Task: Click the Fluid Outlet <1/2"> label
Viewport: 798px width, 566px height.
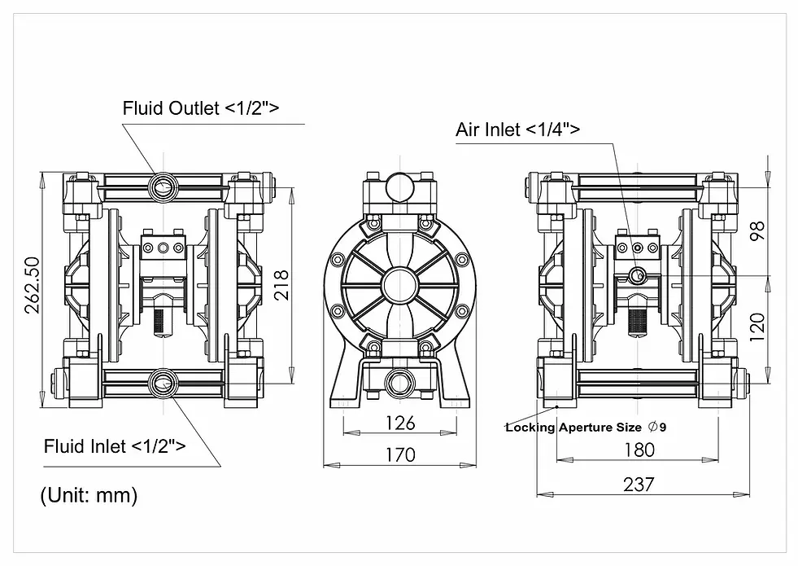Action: (201, 107)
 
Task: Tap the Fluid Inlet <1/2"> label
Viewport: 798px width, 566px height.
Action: (114, 446)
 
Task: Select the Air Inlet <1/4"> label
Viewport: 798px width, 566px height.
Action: (518, 129)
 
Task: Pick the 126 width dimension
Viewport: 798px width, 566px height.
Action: (399, 423)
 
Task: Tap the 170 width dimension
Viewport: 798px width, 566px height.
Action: (399, 454)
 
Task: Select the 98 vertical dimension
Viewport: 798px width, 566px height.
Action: (760, 232)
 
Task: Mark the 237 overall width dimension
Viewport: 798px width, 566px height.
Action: (639, 484)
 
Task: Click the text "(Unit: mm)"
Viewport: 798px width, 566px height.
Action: (89, 494)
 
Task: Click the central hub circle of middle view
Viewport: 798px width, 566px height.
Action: (399, 286)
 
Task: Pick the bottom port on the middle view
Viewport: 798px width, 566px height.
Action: (399, 380)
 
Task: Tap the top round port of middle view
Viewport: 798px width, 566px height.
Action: (399, 186)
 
